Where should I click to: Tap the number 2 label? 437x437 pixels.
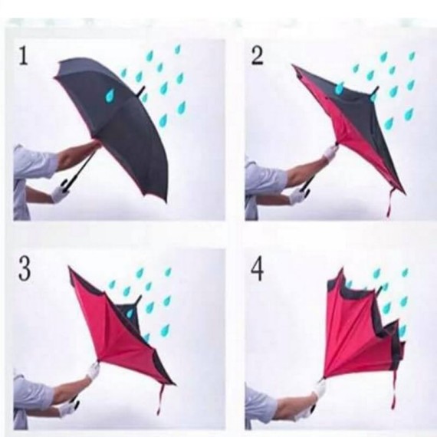coord(258,54)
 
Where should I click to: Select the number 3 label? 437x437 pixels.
coord(25,270)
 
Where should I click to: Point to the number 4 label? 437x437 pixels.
coord(258,270)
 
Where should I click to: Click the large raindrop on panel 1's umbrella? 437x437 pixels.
coord(110,95)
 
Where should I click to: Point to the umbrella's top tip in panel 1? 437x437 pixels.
coord(142,91)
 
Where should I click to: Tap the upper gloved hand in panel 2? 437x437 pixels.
coord(330,153)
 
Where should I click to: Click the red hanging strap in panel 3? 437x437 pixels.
coord(161,397)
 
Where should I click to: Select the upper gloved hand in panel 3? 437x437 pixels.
coord(93,371)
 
